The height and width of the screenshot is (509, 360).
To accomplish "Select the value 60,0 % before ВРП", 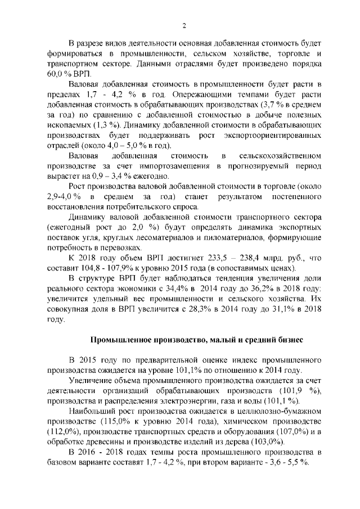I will [x=56, y=74].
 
